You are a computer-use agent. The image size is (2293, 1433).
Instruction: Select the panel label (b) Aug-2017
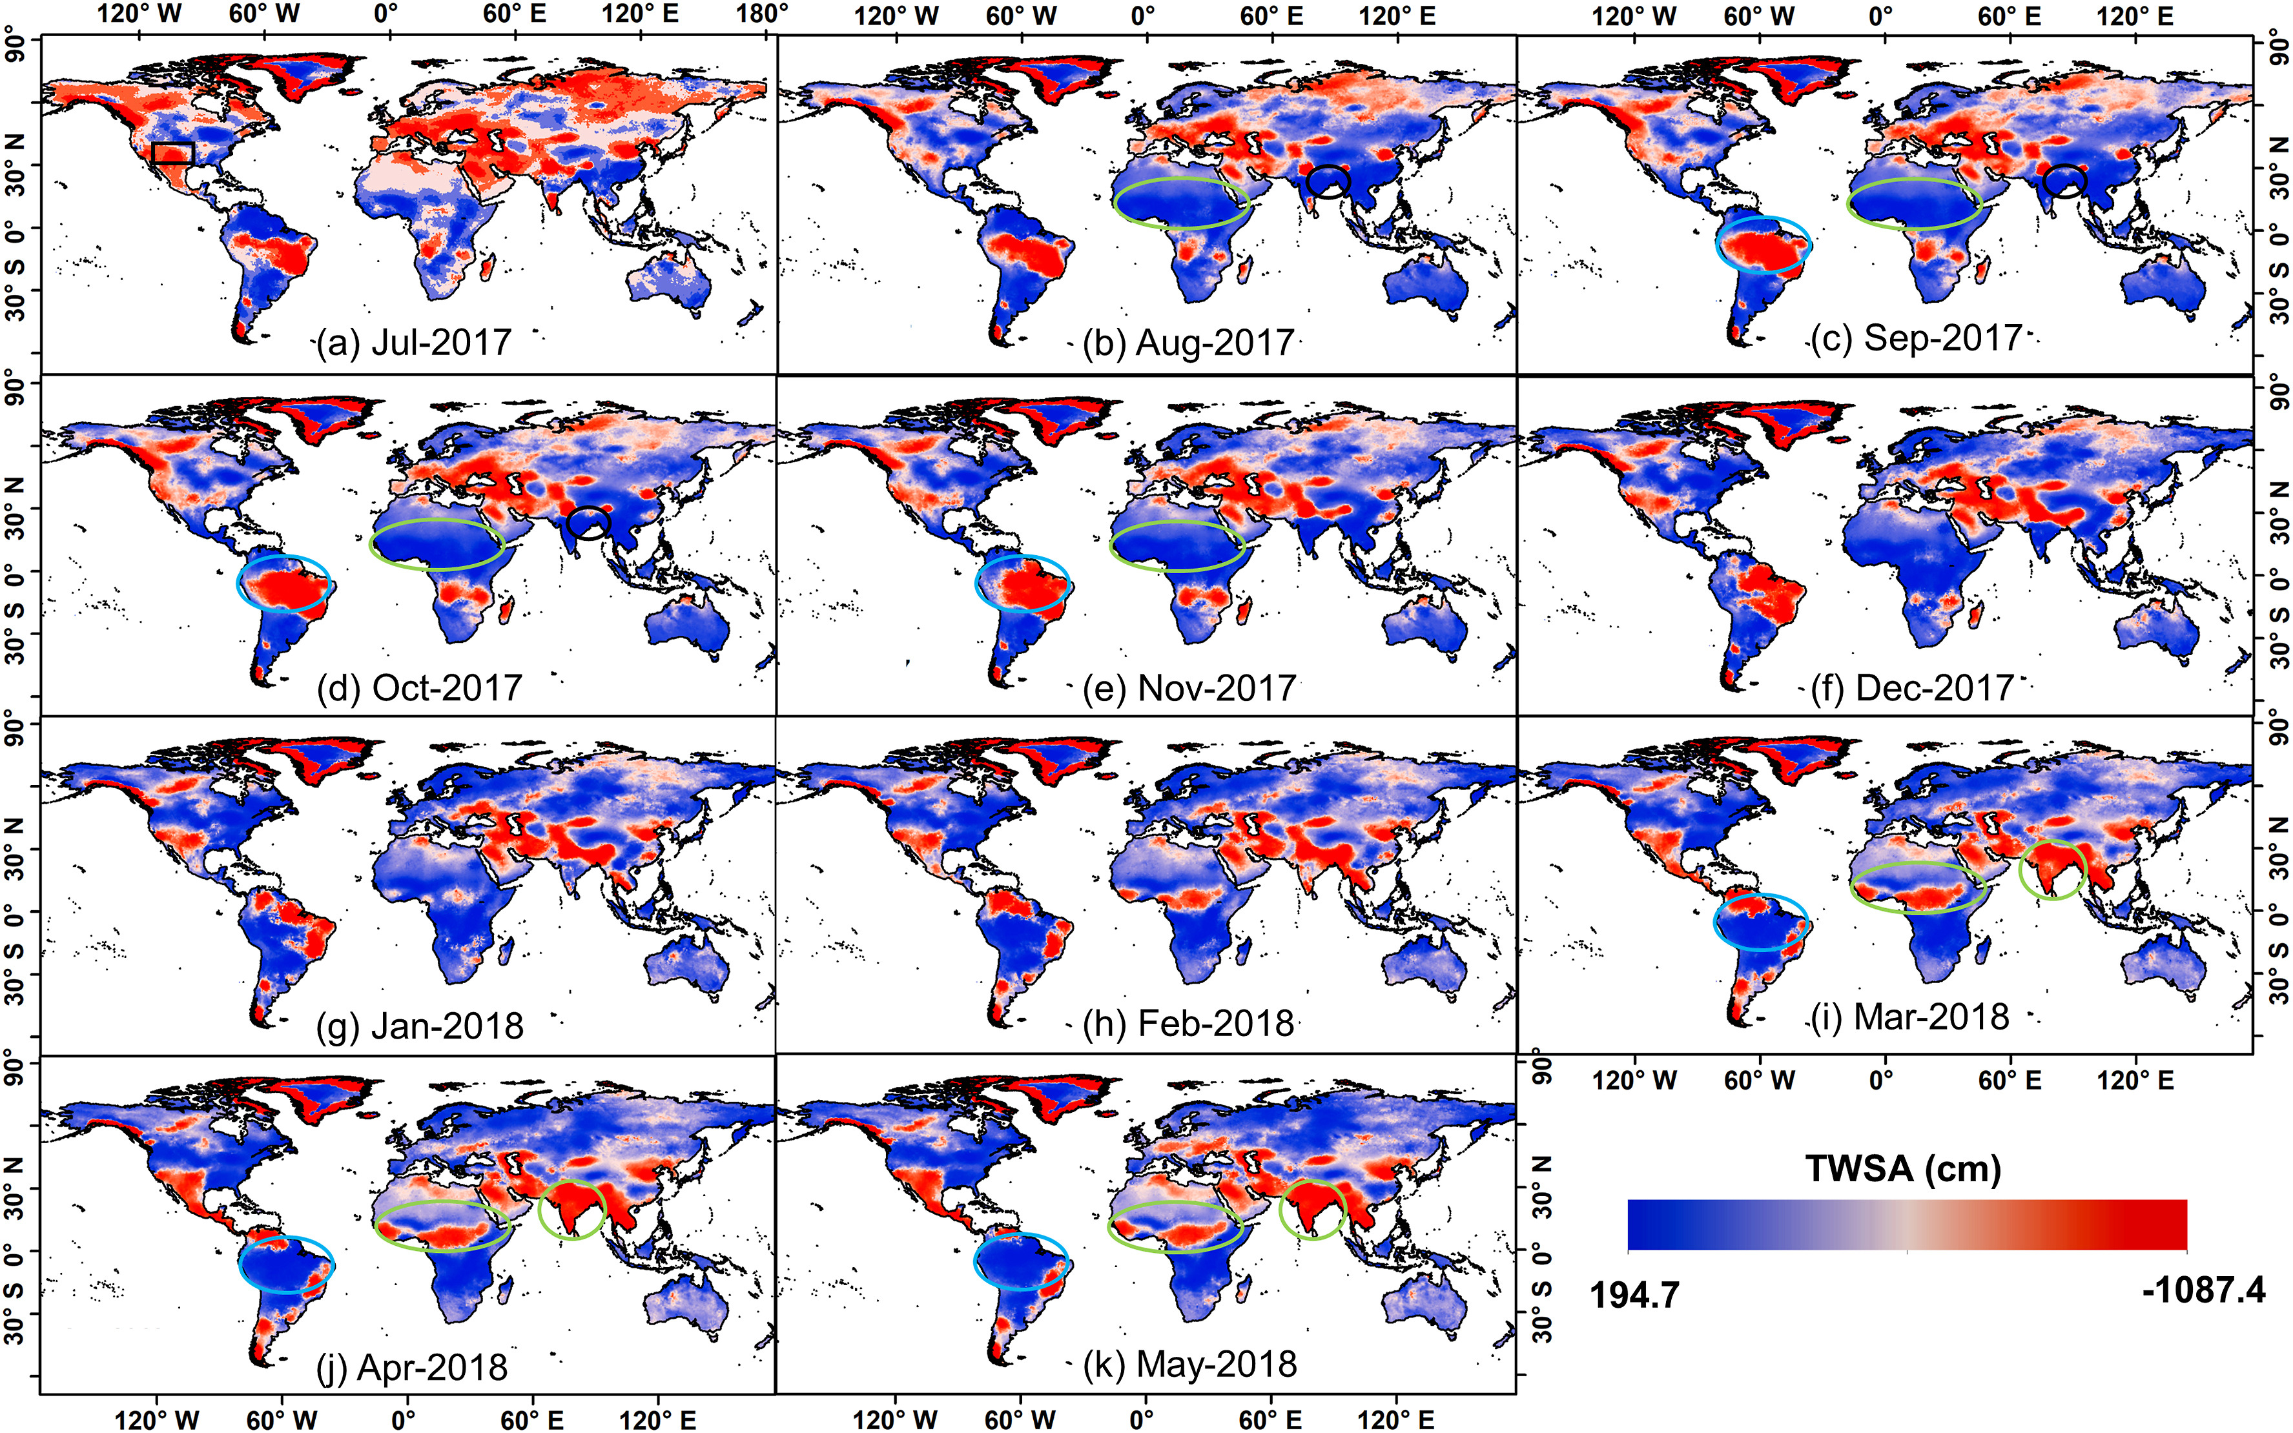click(1189, 342)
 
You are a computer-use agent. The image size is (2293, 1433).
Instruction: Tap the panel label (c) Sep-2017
click(1917, 338)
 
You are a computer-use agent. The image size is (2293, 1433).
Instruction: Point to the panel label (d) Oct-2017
click(419, 687)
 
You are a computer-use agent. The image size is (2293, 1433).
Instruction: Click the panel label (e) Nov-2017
click(1189, 687)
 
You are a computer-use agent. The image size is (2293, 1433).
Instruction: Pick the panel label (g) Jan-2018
click(419, 1026)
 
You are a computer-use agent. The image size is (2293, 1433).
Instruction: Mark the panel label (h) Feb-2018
click(1189, 1024)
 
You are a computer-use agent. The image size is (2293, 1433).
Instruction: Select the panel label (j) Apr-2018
click(411, 1367)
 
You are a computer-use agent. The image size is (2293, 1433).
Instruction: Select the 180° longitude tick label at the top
click(763, 14)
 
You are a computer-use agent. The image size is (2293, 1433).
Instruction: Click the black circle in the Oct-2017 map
click(589, 523)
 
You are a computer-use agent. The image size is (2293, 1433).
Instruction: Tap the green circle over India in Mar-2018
click(2052, 869)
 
